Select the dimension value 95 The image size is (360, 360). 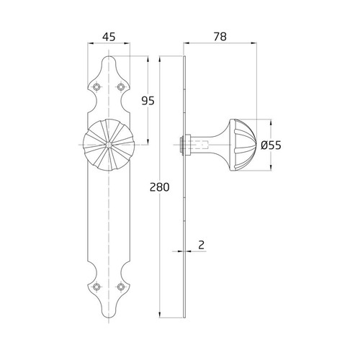tap(148, 101)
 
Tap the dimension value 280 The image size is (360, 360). tap(159, 187)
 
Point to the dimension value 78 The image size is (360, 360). tap(220, 35)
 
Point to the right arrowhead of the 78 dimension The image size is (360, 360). tap(256, 44)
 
